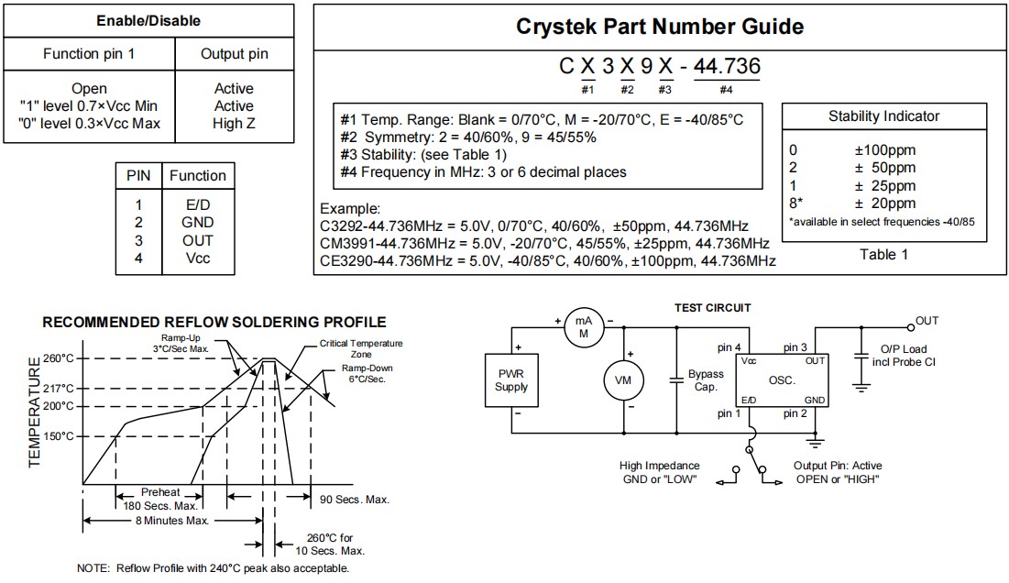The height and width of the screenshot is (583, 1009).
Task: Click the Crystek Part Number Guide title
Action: tap(660, 27)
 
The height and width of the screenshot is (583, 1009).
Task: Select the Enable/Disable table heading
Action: tap(148, 19)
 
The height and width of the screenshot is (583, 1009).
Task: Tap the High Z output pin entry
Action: tap(234, 124)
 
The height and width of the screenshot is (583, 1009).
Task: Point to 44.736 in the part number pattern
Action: tap(727, 67)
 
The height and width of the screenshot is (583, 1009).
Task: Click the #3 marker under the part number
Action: tap(665, 89)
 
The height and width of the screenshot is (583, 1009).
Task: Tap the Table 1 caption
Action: tap(883, 254)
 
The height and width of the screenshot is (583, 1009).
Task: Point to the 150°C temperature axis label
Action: tap(58, 436)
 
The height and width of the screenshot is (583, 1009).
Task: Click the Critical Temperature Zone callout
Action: tap(348, 349)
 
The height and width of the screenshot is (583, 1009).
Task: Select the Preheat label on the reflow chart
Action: tap(160, 491)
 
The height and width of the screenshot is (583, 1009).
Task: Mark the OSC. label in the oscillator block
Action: tap(782, 379)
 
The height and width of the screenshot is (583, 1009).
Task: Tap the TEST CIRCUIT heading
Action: tap(712, 308)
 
